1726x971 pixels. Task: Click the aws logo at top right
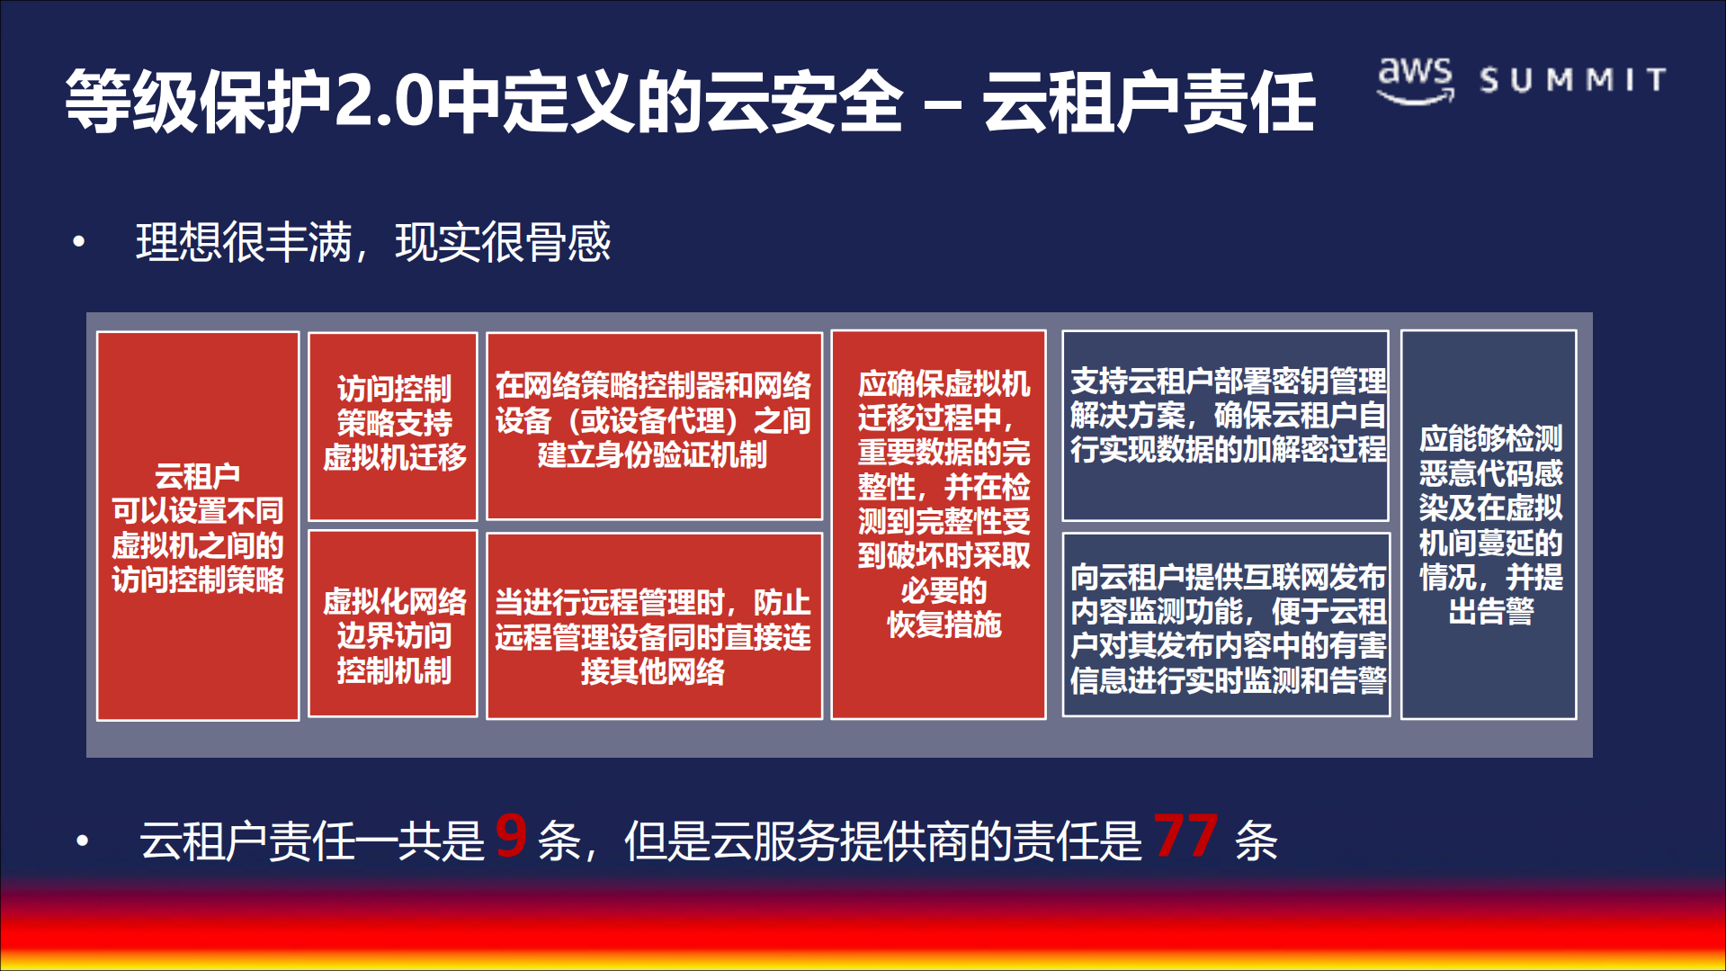pyautogui.click(x=1416, y=79)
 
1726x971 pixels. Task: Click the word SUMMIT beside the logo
pyautogui.click(x=1573, y=80)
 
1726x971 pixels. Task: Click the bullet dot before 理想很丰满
pyautogui.click(x=79, y=241)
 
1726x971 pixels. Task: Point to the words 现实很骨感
pyautogui.click(x=503, y=241)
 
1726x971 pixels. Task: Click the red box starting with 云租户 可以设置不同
pyautogui.click(x=198, y=526)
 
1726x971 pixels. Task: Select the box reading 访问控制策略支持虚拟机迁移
pyautogui.click(x=393, y=426)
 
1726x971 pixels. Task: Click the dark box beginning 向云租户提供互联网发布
pyautogui.click(x=1226, y=625)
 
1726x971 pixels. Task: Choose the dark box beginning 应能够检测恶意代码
pyautogui.click(x=1489, y=524)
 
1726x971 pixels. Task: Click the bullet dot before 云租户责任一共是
pyautogui.click(x=83, y=841)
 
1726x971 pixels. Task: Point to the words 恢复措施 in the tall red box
pyautogui.click(x=943, y=625)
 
